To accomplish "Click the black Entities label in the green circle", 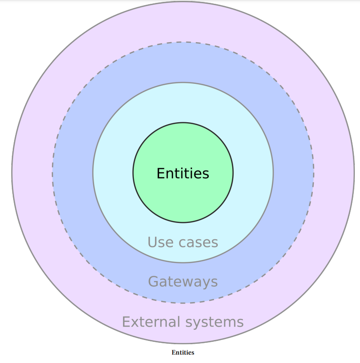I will pos(183,173).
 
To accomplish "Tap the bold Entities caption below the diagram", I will pos(183,353).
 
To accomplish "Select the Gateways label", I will pos(183,282).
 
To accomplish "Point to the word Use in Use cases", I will pos(157,242).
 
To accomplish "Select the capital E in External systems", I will pos(125,322).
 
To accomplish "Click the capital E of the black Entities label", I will pos(160,173).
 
